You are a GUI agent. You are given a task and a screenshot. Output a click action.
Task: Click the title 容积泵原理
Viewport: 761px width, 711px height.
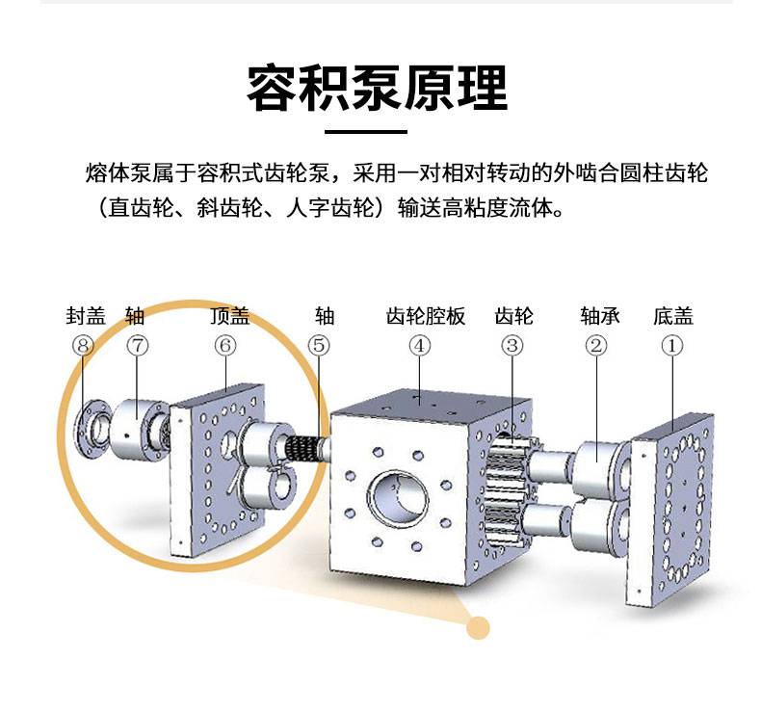point(377,89)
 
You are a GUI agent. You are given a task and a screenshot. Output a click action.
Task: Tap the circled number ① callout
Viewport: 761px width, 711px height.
point(672,346)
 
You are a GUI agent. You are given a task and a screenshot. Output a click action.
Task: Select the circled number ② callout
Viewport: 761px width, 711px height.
point(596,346)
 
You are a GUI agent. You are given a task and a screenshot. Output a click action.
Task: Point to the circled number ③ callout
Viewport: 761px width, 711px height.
point(512,346)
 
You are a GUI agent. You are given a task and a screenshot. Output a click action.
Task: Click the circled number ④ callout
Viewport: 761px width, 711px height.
point(419,346)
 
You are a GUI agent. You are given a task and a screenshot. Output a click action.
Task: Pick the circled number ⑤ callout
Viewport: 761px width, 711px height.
point(319,346)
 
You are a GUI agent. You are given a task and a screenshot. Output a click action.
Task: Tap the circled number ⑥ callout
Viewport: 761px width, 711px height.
point(225,346)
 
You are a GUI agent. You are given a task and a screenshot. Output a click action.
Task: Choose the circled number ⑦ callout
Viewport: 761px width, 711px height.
point(138,346)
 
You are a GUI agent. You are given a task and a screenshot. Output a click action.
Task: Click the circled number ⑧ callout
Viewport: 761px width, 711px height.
point(83,346)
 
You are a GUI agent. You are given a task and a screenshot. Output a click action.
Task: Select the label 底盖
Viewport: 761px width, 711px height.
point(672,316)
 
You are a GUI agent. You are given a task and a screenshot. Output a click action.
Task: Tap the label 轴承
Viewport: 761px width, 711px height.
point(600,316)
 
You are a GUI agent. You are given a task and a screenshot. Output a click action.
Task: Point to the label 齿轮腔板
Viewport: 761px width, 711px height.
point(426,316)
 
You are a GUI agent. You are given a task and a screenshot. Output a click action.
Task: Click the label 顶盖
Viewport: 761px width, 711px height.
point(229,316)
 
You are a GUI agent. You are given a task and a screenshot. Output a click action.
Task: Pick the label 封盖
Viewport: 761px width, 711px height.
point(86,316)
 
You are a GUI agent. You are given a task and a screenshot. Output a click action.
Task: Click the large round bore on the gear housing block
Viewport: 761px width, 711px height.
point(397,496)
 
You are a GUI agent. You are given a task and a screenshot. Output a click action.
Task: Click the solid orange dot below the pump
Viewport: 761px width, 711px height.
point(478,627)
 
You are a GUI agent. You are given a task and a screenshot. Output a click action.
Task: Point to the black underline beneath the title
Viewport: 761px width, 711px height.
point(366,132)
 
